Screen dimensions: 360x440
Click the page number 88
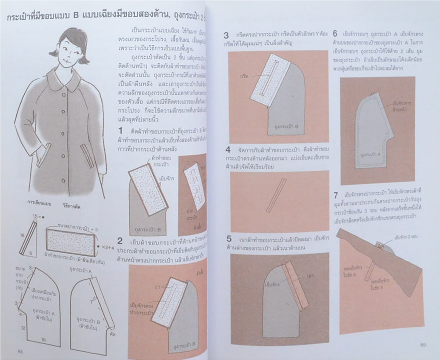(20, 350)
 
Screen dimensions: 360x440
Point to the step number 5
(227, 240)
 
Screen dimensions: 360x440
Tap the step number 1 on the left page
(121, 131)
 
